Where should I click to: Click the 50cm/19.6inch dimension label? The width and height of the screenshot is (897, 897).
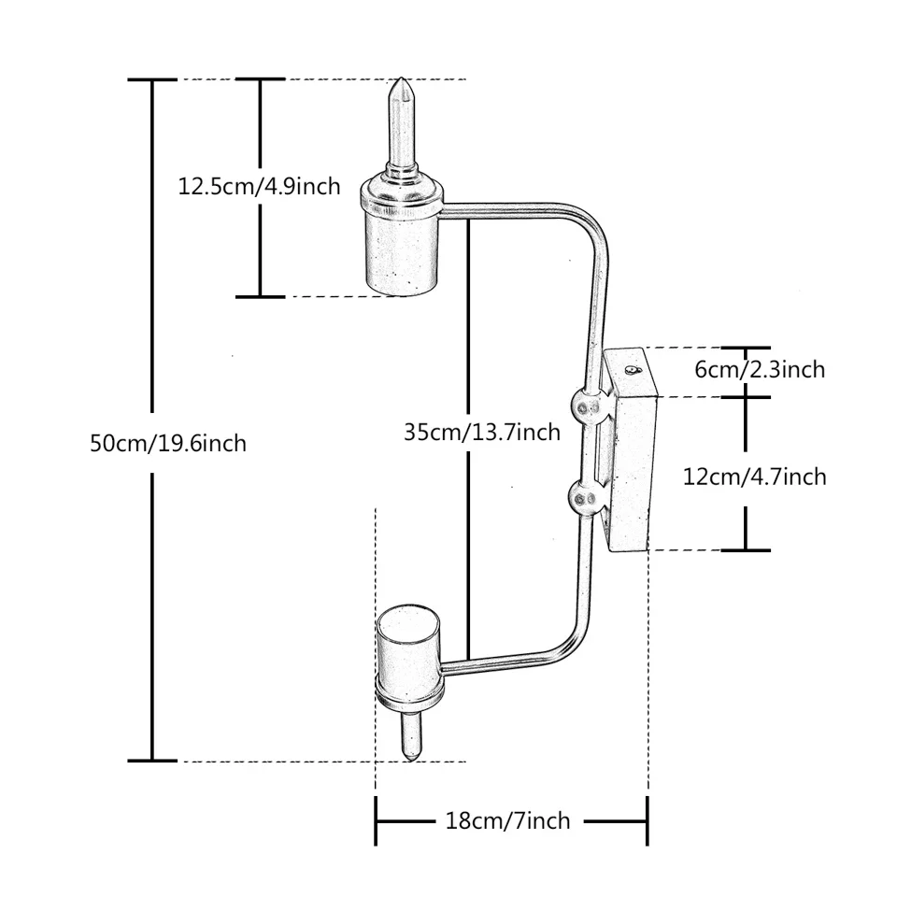point(168,442)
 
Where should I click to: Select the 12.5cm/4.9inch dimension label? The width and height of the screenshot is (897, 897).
point(260,186)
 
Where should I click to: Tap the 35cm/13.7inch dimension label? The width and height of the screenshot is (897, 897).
point(482,432)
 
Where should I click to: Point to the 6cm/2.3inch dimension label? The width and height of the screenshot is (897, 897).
point(760,369)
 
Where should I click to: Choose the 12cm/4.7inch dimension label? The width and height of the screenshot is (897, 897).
point(755,477)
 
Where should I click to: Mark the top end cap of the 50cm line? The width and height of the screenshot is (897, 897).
point(152,80)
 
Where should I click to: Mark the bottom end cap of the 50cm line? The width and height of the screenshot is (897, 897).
point(152,761)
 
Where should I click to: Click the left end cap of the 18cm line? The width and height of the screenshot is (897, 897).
point(376,820)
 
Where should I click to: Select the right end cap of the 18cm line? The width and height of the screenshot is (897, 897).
point(647,820)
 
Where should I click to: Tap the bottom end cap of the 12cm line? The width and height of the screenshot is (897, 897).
point(746,549)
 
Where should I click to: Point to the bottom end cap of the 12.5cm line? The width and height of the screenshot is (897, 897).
point(260,296)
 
